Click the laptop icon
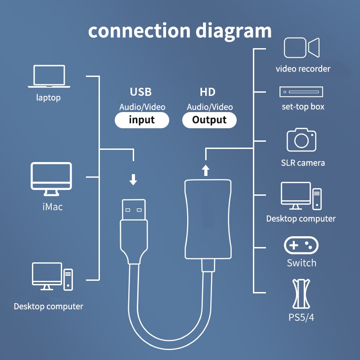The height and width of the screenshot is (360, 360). click(49, 76)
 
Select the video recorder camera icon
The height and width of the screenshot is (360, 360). click(302, 48)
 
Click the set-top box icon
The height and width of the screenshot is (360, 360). click(301, 92)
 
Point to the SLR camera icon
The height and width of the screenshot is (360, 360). click(301, 140)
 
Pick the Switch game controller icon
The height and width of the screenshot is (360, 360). click(301, 246)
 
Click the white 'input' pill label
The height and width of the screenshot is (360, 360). click(142, 120)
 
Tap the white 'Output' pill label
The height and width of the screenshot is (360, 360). click(209, 120)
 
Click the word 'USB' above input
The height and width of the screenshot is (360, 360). click(141, 92)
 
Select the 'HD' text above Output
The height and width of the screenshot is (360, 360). click(207, 92)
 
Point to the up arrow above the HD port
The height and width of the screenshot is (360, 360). click(206, 170)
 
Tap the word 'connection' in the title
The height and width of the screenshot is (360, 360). click(139, 31)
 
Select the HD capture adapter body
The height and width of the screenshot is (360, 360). click(208, 219)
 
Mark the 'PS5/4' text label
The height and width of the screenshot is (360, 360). click(301, 317)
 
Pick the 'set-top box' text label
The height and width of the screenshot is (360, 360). click(302, 107)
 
